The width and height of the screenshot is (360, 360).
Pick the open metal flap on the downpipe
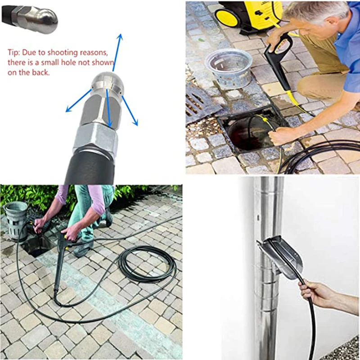(x=279, y=256)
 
